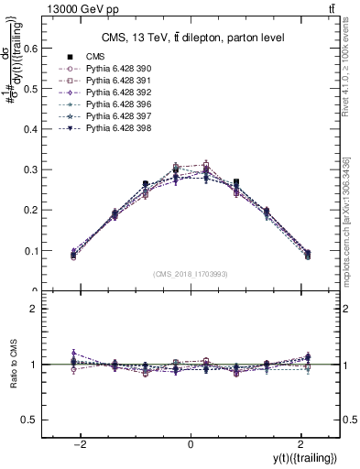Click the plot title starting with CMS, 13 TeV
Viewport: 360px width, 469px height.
pyautogui.click(x=191, y=38)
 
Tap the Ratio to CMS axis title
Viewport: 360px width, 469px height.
pyautogui.click(x=12, y=365)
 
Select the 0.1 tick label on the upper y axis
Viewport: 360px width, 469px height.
pyautogui.click(x=29, y=251)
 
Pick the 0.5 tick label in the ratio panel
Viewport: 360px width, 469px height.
pyautogui.click(x=29, y=420)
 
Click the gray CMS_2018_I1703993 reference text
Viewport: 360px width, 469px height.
pyautogui.click(x=190, y=274)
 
